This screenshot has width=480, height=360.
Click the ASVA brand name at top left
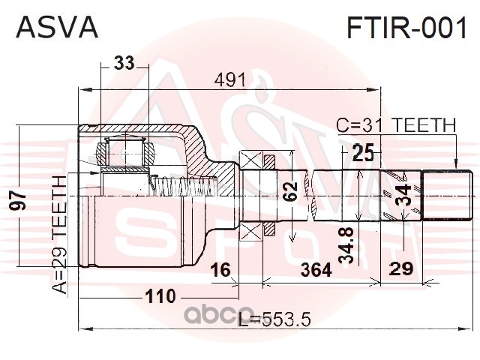pyautogui.click(x=57, y=27)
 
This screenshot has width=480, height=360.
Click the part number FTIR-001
pyautogui.click(x=406, y=27)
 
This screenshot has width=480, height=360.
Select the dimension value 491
pyautogui.click(x=230, y=80)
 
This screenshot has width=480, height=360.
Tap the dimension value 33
pyautogui.click(x=124, y=63)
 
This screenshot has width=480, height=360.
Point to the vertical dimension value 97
pyautogui.click(x=17, y=201)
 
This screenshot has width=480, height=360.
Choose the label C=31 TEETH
pyautogui.click(x=396, y=125)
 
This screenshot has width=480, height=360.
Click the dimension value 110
pyautogui.click(x=160, y=296)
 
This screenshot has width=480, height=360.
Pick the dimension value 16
pyautogui.click(x=220, y=270)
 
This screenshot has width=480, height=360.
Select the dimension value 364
pyautogui.click(x=316, y=270)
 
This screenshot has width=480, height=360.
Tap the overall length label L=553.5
pyautogui.click(x=274, y=319)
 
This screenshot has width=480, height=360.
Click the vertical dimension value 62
pyautogui.click(x=289, y=191)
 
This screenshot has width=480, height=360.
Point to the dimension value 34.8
pyautogui.click(x=346, y=245)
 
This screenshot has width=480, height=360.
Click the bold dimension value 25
pyautogui.click(x=363, y=153)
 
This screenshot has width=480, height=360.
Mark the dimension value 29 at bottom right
pyautogui.click(x=401, y=269)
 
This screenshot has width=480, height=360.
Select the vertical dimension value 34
pyautogui.click(x=403, y=195)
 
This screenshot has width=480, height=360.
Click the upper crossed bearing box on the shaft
pyautogui.click(x=250, y=160)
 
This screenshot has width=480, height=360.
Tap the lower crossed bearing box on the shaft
pyautogui.click(x=250, y=232)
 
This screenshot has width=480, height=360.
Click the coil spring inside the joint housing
pyautogui.click(x=184, y=186)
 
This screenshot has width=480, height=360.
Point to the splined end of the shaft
pyautogui.click(x=447, y=195)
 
